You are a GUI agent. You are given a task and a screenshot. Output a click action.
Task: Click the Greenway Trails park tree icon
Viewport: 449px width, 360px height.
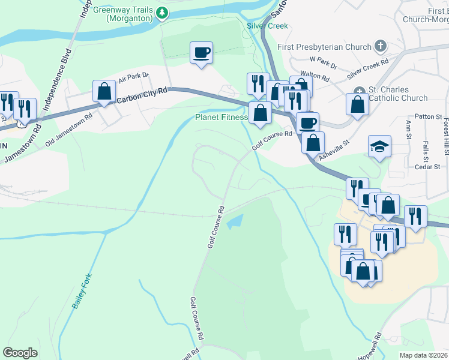coord(161,12)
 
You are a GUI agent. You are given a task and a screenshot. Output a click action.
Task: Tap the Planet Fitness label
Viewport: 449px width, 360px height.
coord(221,117)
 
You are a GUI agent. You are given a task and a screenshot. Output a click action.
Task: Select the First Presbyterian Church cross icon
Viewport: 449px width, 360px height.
coord(379,46)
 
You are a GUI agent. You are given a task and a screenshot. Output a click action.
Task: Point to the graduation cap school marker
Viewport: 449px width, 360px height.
coord(379,146)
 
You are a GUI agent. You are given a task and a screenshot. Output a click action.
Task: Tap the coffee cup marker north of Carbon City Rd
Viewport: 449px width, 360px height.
coord(201,52)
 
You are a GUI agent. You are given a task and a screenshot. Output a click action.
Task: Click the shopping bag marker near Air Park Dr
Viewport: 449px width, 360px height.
coord(104,91)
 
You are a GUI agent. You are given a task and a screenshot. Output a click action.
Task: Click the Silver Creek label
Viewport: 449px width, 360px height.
coord(267,26)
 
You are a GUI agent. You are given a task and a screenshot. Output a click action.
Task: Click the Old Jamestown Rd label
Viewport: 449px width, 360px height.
coord(69,120)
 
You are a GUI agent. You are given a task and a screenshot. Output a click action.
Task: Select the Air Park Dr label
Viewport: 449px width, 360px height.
coord(133,78)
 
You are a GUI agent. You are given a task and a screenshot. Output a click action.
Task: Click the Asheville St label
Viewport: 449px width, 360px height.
coord(334,148)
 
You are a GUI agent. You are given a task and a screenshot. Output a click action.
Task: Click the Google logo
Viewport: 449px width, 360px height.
coord(20,353)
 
